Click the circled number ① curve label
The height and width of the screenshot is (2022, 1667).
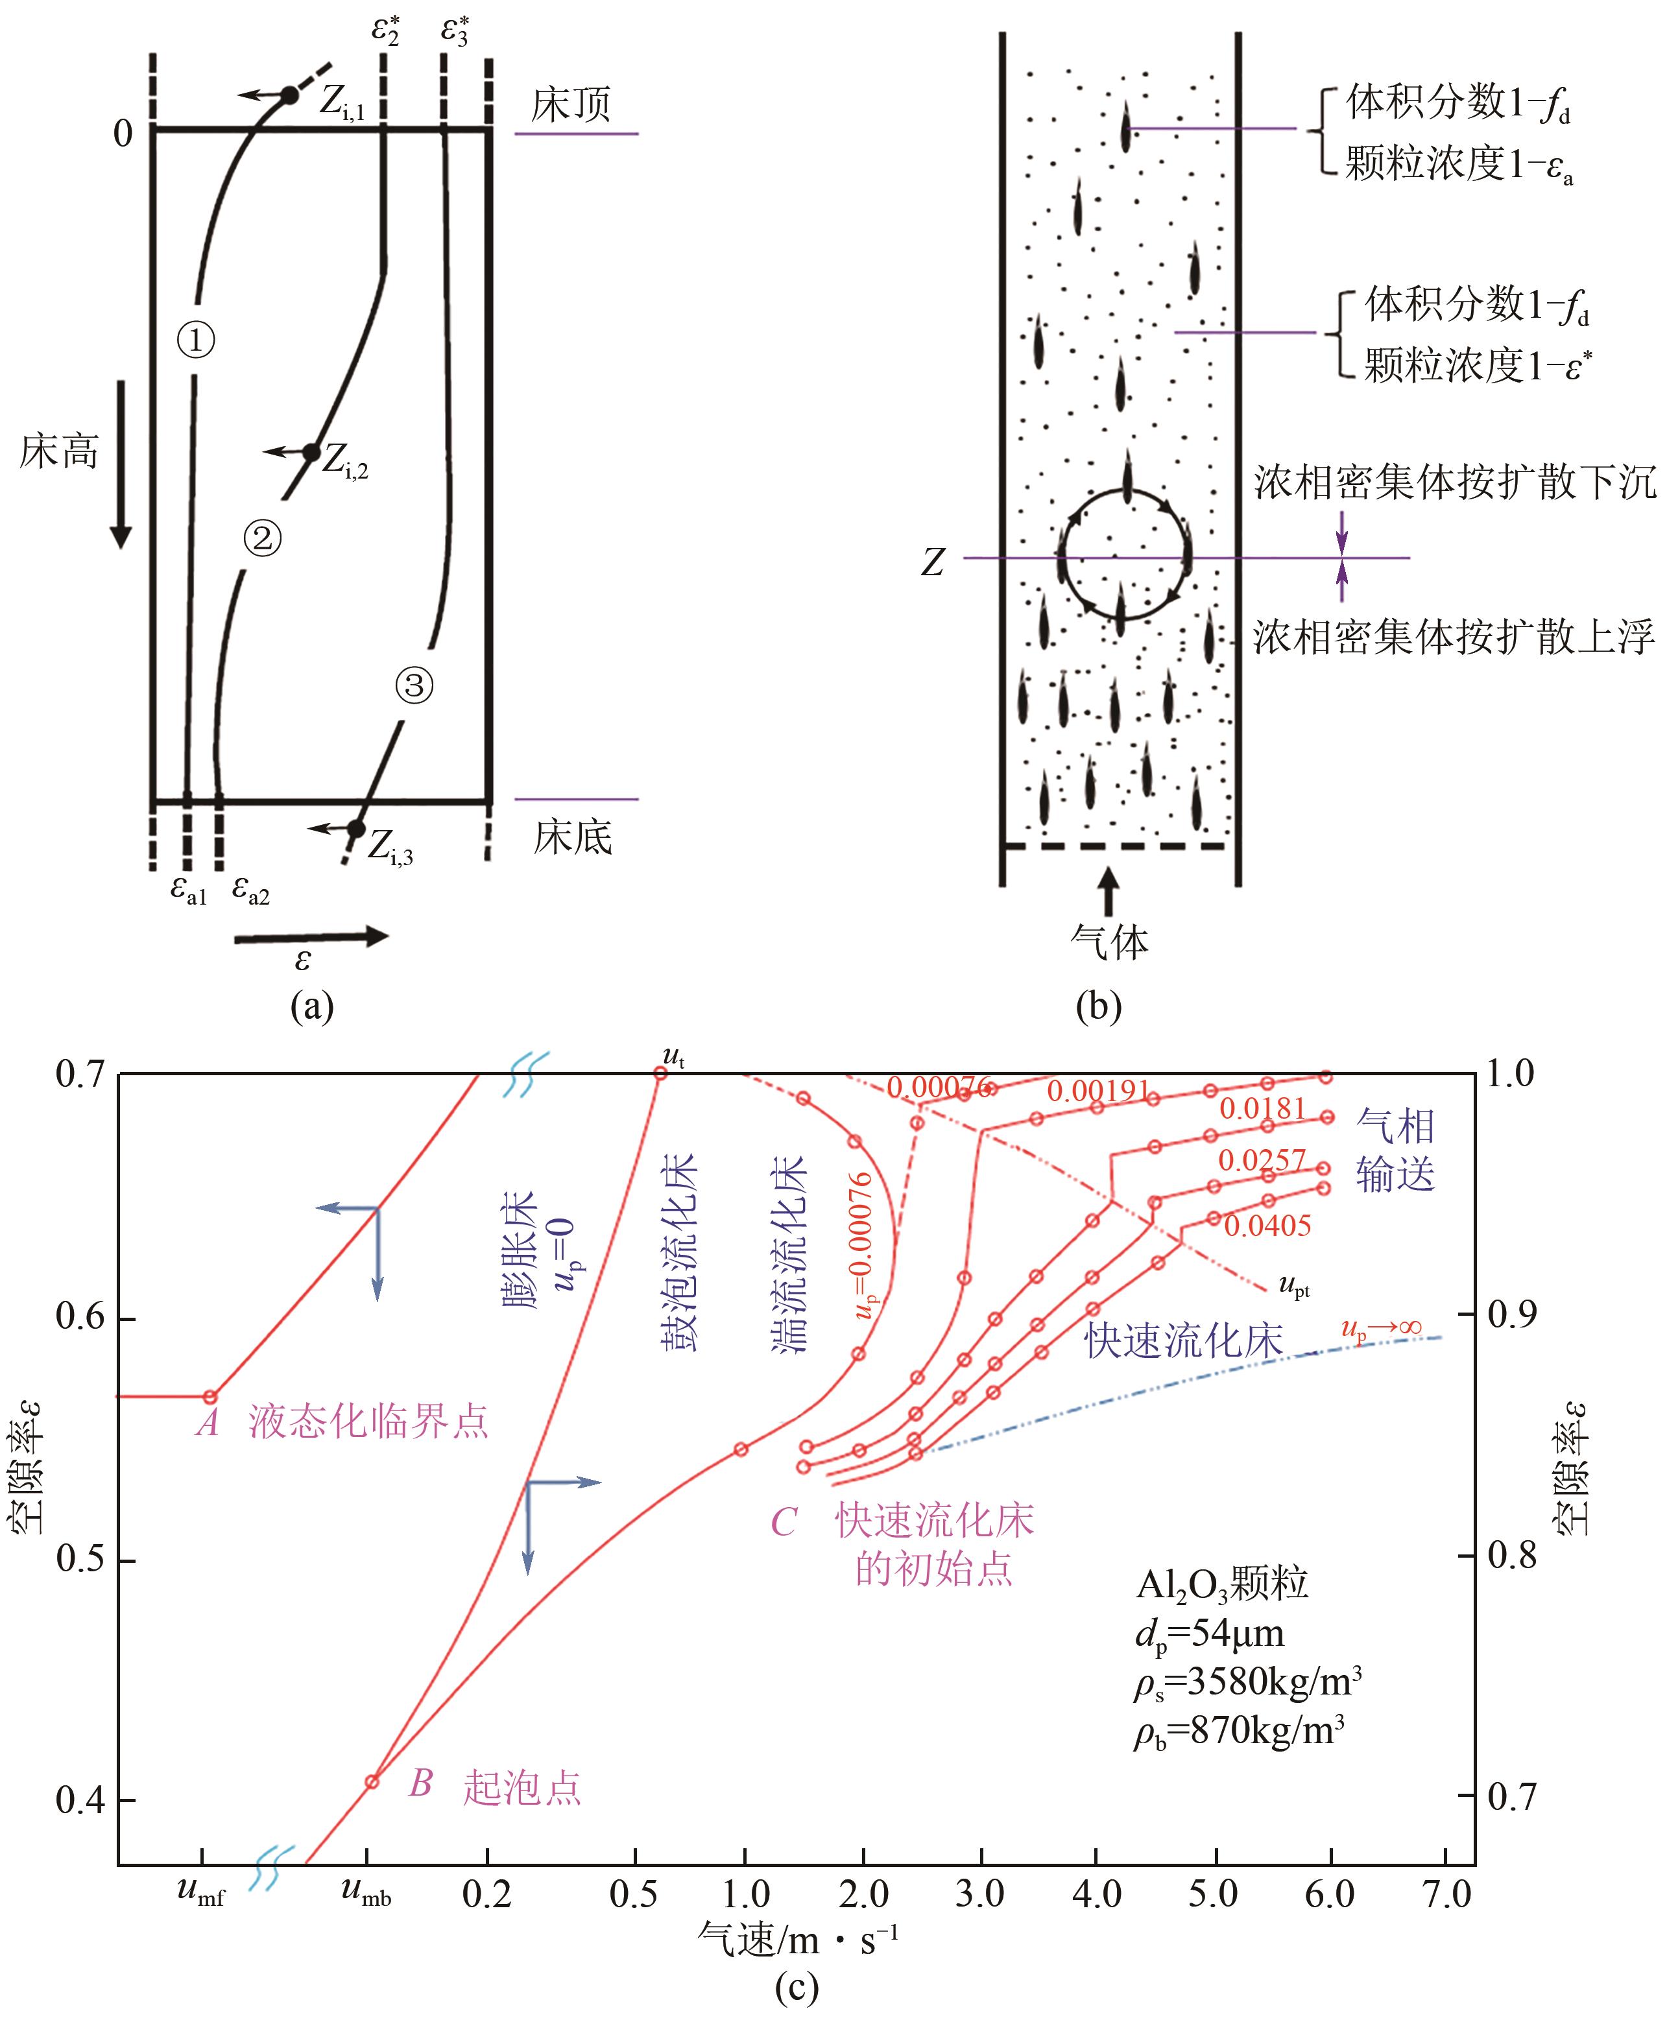point(196,340)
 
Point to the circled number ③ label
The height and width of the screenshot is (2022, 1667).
point(415,685)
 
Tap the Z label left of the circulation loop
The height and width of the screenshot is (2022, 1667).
point(932,562)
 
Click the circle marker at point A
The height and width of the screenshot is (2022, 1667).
point(210,1396)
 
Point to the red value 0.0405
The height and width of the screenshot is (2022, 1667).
point(1267,1226)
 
